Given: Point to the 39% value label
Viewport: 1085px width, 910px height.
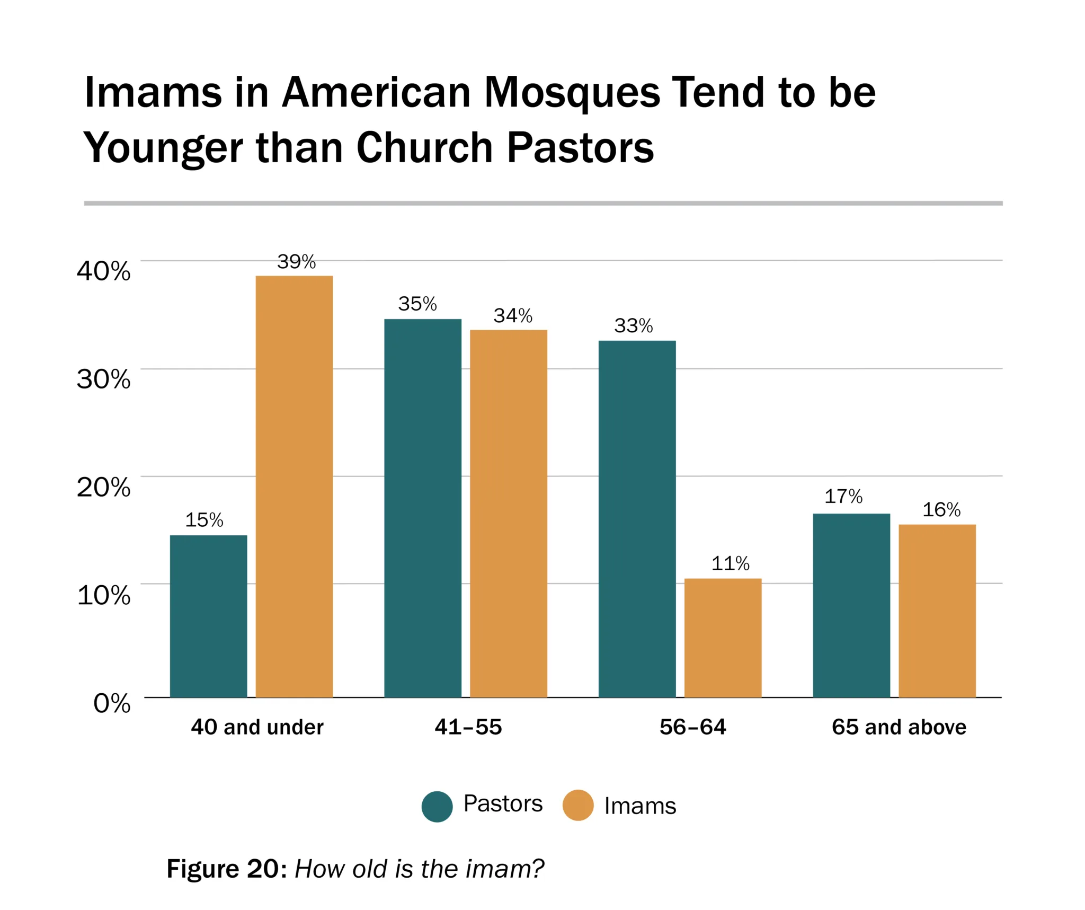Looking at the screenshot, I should point(296,262).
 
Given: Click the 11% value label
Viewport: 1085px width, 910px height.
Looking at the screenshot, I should point(730,563).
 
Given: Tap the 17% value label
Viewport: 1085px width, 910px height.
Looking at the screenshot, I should point(843,497).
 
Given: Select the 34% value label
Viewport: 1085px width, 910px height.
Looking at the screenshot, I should point(513,316).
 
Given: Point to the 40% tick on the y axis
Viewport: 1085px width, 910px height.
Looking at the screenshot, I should point(104,271).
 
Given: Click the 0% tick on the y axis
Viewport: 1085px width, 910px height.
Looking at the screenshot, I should point(112,703).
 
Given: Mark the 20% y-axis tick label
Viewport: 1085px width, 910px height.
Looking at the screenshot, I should point(104,487).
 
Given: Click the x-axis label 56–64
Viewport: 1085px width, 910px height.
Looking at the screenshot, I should point(692,727).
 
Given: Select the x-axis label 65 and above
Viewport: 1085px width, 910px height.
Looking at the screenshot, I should point(899,727).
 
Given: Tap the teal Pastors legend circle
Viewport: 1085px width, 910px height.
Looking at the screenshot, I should point(437,807).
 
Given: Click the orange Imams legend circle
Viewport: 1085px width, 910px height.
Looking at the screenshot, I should point(577,806).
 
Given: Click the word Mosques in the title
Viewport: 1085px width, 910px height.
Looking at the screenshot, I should point(573,93).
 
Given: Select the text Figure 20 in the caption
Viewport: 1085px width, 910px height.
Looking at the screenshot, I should point(223,869).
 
